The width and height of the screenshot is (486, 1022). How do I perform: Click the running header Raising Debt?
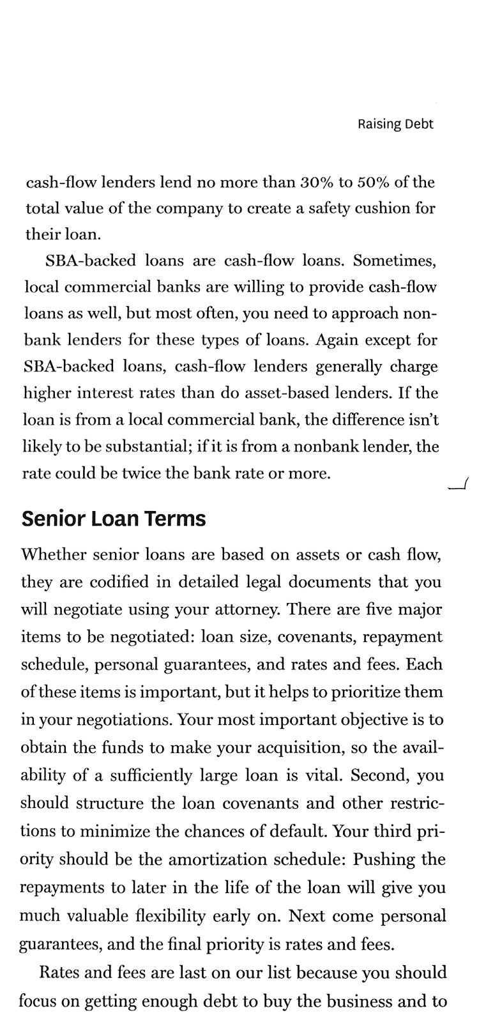click(395, 124)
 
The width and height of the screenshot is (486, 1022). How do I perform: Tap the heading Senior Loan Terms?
click(114, 518)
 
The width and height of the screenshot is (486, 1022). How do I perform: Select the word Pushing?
click(381, 859)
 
